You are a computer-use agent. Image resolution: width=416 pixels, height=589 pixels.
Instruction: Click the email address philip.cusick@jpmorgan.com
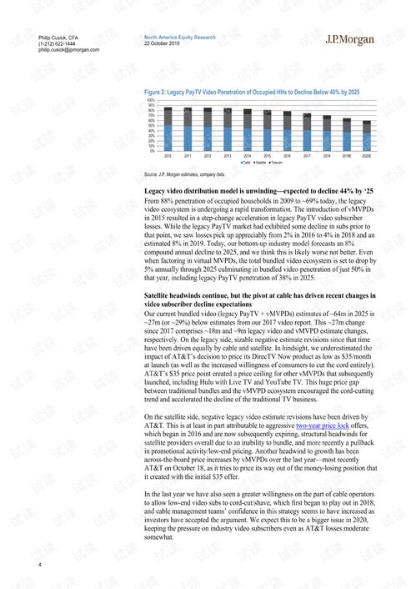[68, 50]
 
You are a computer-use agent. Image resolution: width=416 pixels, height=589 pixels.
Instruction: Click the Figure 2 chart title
[252, 91]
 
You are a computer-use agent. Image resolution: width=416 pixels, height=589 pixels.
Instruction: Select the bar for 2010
[168, 128]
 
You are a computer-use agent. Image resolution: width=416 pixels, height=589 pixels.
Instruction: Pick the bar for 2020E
[367, 135]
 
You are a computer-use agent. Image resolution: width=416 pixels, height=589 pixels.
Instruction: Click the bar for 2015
[267, 130]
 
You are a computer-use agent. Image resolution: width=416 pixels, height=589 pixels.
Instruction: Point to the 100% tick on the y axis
[151, 100]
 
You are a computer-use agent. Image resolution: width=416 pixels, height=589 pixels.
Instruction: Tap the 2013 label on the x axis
[228, 156]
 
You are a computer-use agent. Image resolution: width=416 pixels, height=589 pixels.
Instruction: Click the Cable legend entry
[247, 162]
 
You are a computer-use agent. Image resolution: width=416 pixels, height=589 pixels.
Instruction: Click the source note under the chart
[184, 174]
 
